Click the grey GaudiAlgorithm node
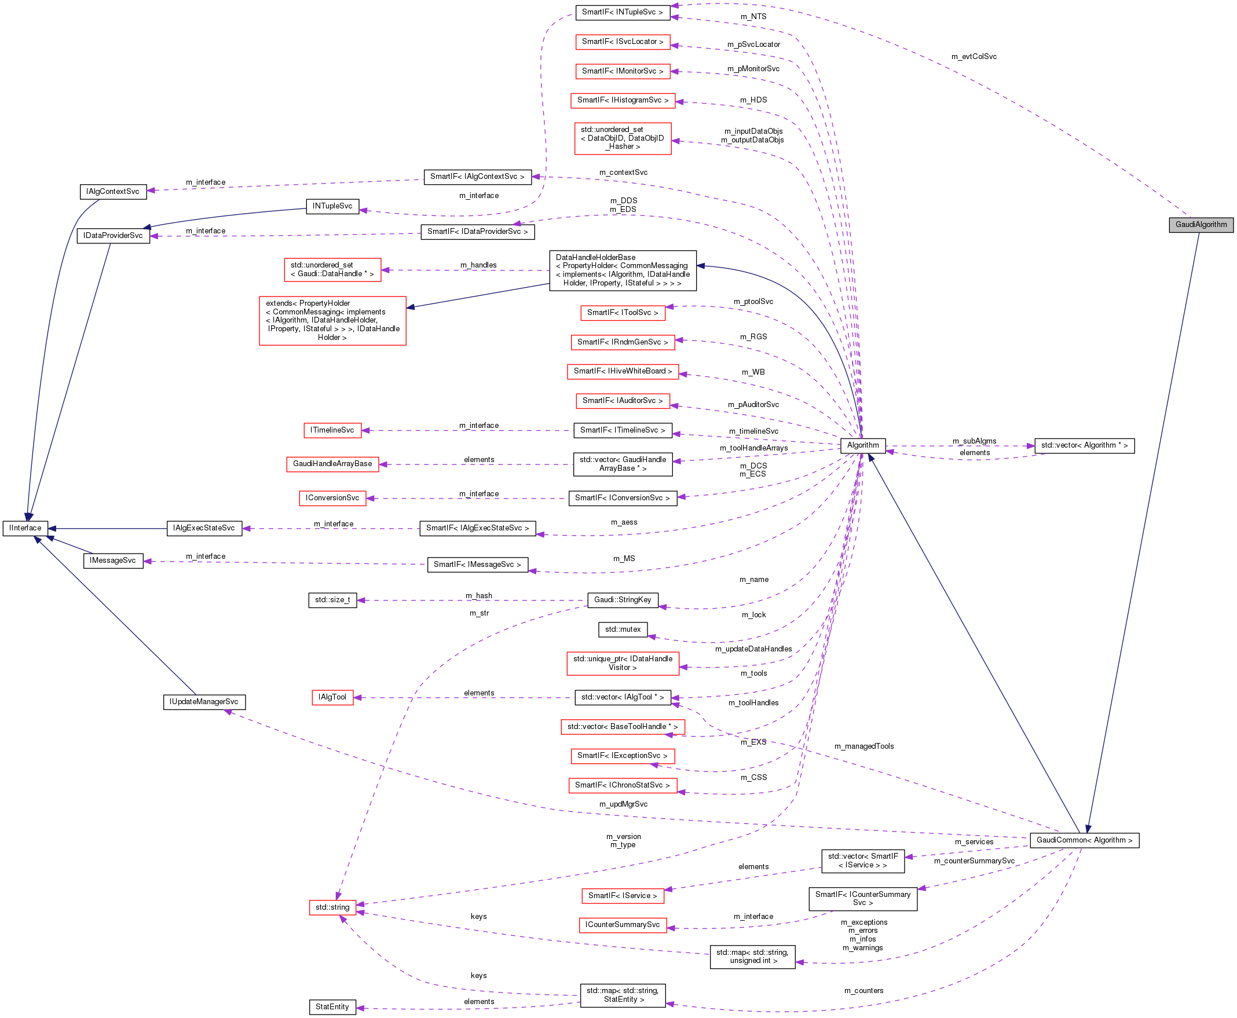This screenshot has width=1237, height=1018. pos(1201,225)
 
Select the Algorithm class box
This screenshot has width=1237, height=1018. pos(862,445)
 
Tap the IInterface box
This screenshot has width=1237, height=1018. pos(25,528)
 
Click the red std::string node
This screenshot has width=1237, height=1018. pos(332,907)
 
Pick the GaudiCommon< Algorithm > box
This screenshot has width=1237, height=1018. pos(1084,840)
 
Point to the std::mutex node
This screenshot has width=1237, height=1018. pos(623,629)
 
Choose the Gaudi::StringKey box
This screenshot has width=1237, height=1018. pos(623,599)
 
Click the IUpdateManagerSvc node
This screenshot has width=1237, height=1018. pos(203,701)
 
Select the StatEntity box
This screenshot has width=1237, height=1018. pos(332,1006)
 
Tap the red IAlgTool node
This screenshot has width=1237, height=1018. pos(332,697)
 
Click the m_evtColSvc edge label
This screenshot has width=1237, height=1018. pos(974,57)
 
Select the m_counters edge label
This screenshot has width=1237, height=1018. pos(863,990)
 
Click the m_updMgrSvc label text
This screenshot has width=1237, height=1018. pos(623,804)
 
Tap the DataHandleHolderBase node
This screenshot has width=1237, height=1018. pos(623,270)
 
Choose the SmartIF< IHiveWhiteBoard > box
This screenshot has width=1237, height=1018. pos(623,371)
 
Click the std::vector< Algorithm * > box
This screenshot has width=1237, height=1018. pos(1084,445)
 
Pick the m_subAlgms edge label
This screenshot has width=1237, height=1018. pos(974,441)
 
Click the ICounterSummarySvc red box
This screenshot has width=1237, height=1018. pos(623,925)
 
